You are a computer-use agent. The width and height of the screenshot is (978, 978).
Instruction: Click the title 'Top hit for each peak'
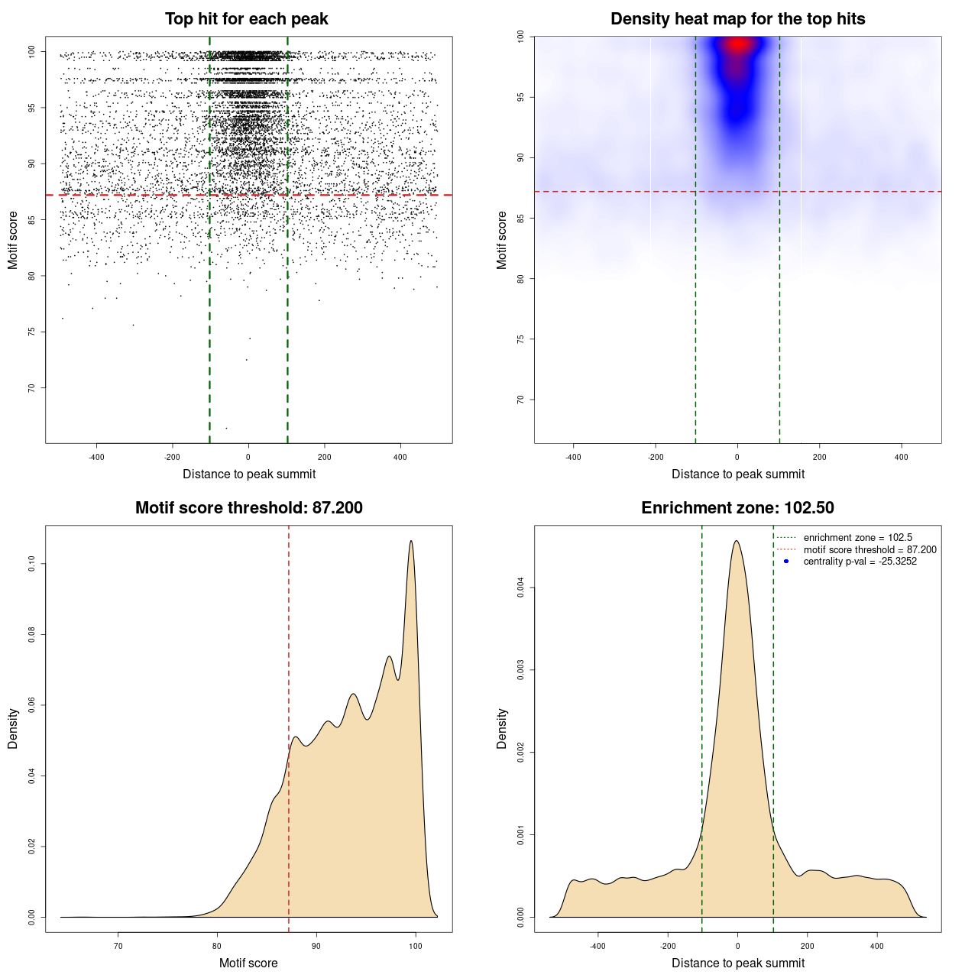coord(246,19)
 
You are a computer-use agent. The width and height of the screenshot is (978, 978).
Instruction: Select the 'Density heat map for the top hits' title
coord(737,19)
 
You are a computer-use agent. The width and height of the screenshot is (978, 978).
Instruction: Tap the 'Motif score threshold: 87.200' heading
coord(248,508)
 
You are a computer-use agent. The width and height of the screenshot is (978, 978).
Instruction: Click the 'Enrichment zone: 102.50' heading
coord(737,508)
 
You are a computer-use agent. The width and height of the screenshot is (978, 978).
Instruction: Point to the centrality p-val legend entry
coord(860,562)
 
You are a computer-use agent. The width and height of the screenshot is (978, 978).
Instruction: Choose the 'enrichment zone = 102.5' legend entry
coord(857,538)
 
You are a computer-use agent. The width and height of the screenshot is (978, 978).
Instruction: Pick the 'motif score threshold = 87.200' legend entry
coord(870,550)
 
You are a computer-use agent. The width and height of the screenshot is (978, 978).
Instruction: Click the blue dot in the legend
coord(786,562)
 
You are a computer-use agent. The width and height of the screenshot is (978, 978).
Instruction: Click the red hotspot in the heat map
coord(737,44)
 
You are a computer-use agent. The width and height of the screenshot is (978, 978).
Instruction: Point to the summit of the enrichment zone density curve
coord(737,541)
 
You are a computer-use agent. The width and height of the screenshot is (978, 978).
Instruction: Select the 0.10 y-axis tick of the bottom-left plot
coord(31,564)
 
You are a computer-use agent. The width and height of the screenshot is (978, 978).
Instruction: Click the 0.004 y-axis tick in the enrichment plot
coord(520,588)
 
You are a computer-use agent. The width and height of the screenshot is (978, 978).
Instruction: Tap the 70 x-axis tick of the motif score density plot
coord(118,946)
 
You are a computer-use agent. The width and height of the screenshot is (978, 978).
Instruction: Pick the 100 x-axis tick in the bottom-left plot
coord(415,946)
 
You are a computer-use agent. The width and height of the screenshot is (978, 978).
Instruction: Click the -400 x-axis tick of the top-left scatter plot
coord(96,457)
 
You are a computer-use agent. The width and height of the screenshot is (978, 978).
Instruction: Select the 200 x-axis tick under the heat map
coord(819,457)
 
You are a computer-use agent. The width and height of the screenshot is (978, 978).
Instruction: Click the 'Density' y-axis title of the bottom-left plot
coord(13,728)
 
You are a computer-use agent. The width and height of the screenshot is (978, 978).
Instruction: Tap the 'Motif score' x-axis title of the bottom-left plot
coord(248,963)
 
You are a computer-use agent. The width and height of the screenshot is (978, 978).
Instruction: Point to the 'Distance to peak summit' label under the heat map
coord(737,474)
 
